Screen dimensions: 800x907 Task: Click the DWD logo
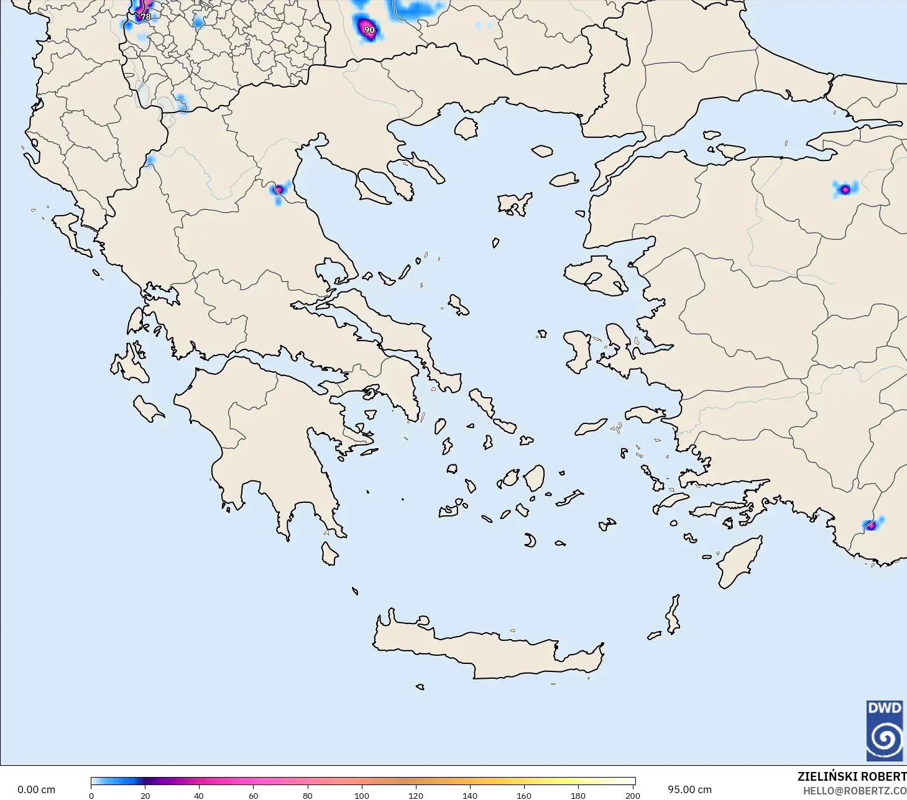pyautogui.click(x=885, y=730)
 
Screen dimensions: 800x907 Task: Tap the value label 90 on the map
pyautogui.click(x=369, y=30)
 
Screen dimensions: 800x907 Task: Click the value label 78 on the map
pyautogui.click(x=145, y=17)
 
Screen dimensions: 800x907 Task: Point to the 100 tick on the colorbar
pyautogui.click(x=362, y=781)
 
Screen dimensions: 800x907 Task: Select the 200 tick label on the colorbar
pyautogui.click(x=633, y=795)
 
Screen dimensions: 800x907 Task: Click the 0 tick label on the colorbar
pyautogui.click(x=91, y=795)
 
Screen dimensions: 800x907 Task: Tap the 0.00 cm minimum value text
pyautogui.click(x=36, y=789)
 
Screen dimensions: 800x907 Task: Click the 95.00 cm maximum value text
pyautogui.click(x=689, y=789)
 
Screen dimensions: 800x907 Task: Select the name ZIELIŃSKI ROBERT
pyautogui.click(x=852, y=776)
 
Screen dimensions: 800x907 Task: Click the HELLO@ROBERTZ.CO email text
pyautogui.click(x=854, y=791)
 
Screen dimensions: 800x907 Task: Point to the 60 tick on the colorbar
pyautogui.click(x=254, y=781)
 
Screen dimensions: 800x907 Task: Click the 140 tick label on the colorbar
pyautogui.click(x=470, y=795)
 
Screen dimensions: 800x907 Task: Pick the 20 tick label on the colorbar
pyautogui.click(x=145, y=795)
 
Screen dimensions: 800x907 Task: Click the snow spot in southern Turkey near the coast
pyautogui.click(x=871, y=525)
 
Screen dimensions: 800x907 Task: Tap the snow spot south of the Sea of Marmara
pyautogui.click(x=845, y=190)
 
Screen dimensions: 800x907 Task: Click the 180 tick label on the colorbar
pyautogui.click(x=578, y=795)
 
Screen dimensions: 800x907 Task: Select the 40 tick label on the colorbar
pyautogui.click(x=199, y=795)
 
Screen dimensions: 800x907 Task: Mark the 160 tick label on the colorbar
pyautogui.click(x=524, y=795)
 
